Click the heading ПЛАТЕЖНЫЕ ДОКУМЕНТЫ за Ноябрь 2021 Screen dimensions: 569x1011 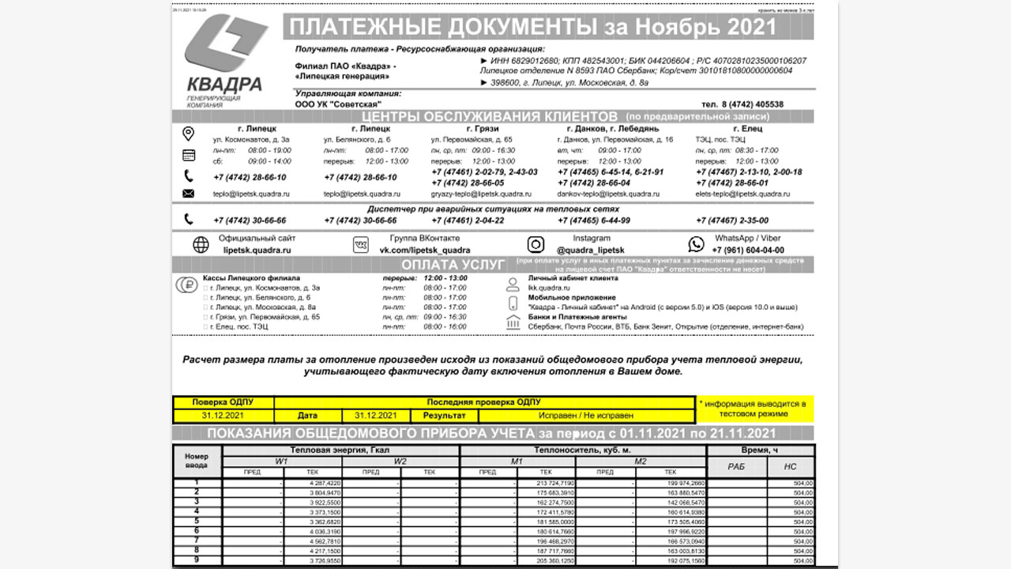pos(533,28)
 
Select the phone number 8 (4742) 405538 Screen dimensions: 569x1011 pos(742,104)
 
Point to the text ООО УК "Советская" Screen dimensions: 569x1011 pos(338,104)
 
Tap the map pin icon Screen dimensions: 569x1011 pos(188,134)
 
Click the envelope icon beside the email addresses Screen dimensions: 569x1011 pos(188,194)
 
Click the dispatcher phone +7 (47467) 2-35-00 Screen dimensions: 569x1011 pos(732,220)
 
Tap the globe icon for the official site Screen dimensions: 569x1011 pos(201,245)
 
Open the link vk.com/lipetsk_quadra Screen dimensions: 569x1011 pos(425,250)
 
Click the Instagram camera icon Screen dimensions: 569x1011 pos(536,245)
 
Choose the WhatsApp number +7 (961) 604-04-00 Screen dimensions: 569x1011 pos(748,250)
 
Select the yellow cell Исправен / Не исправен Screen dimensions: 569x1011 pos(585,415)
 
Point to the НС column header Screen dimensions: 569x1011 pos(790,467)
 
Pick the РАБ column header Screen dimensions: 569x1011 pos(736,467)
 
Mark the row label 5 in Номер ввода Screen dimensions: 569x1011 pos(197,522)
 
